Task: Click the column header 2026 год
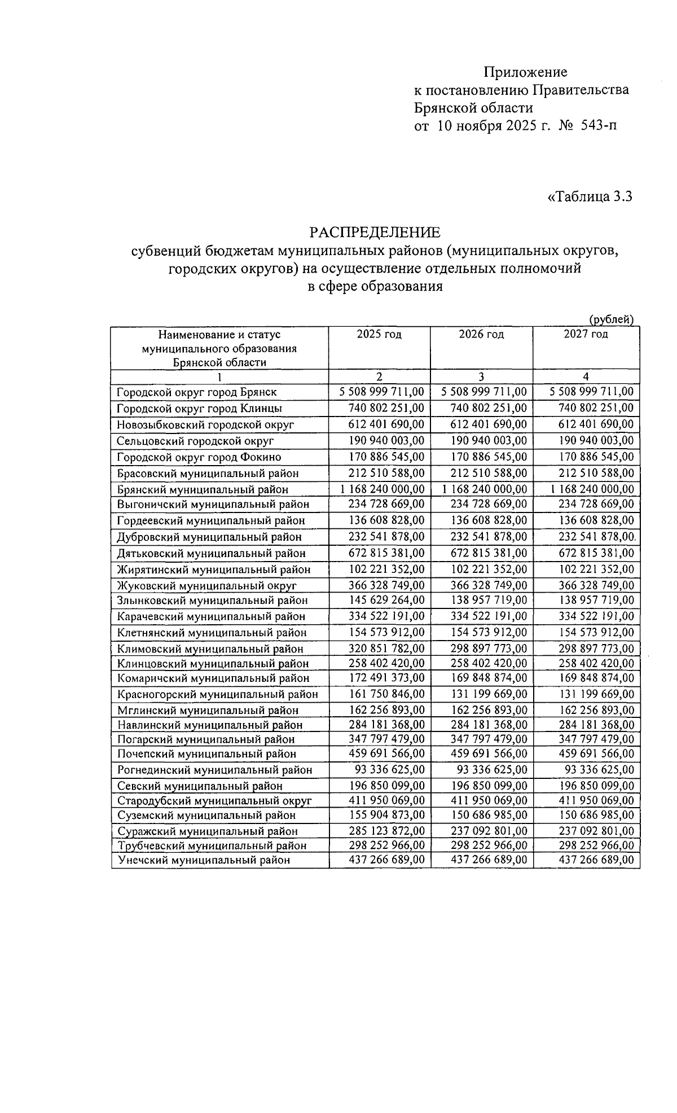(481, 334)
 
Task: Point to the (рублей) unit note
(612, 319)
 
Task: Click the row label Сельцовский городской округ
(195, 441)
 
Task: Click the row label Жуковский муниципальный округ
(206, 586)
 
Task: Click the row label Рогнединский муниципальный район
(214, 770)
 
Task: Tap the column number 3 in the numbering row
(481, 377)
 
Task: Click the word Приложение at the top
(525, 72)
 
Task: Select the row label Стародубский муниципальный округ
(214, 800)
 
